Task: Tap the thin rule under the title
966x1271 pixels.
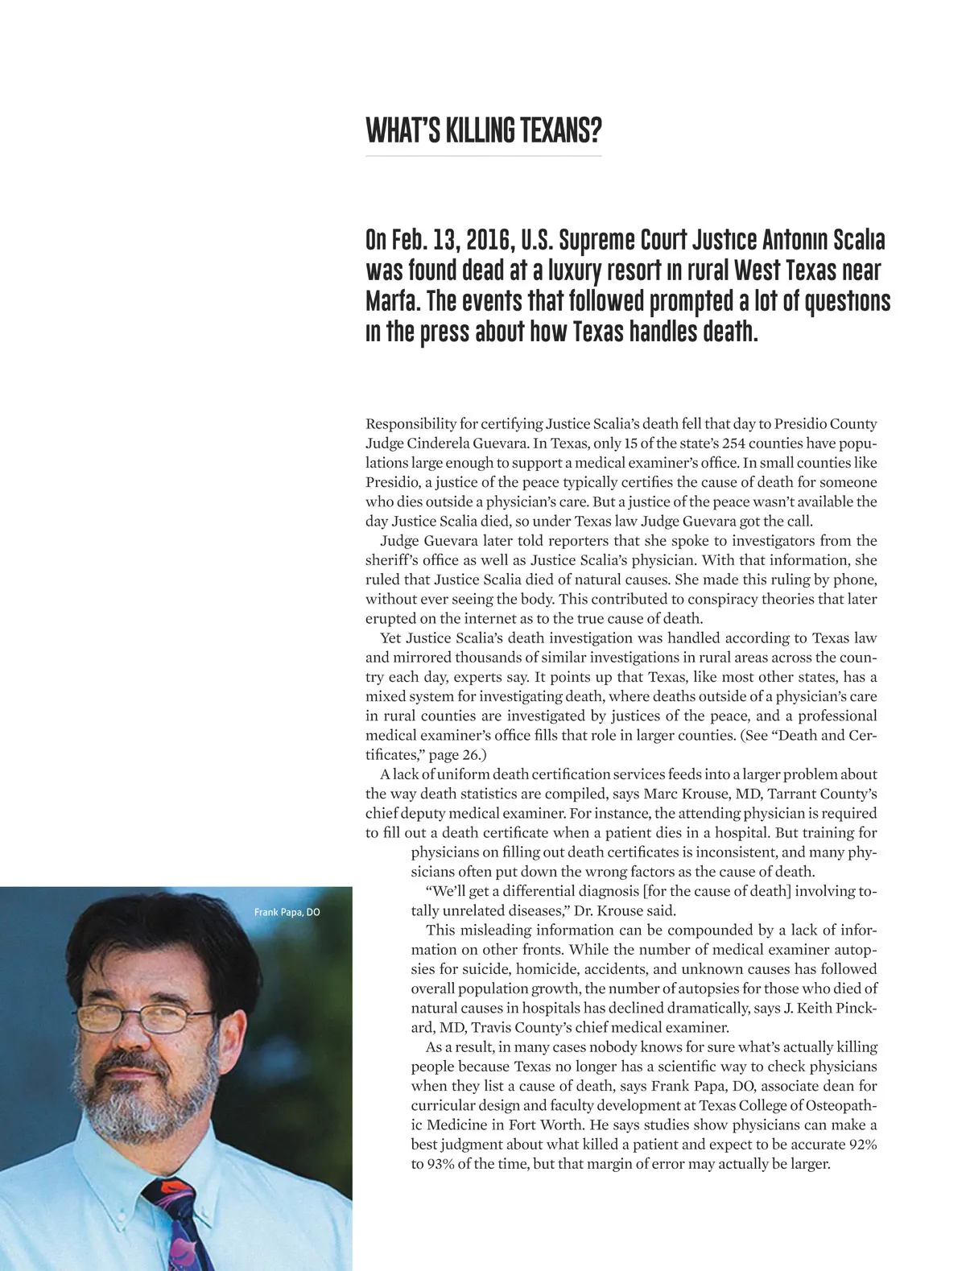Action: [483, 155]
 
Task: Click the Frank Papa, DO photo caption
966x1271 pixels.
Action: [287, 912]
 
